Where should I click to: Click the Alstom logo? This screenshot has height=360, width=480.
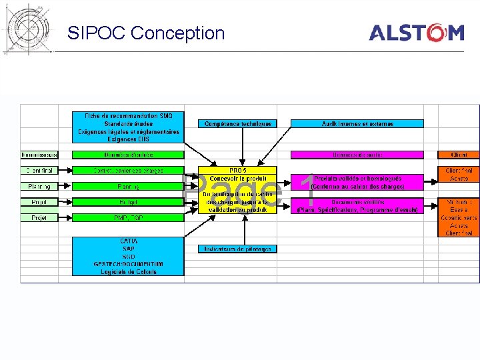[417, 32]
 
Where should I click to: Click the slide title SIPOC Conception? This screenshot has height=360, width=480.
[146, 33]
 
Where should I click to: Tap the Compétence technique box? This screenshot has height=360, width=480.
[238, 124]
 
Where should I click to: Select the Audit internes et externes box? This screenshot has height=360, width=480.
[357, 124]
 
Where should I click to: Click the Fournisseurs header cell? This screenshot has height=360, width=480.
[39, 155]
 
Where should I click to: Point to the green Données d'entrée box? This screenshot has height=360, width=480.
[128, 155]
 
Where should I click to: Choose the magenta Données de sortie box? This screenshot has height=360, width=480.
[357, 155]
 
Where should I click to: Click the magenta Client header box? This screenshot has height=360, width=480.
[459, 155]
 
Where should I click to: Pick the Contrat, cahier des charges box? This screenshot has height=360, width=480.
[128, 171]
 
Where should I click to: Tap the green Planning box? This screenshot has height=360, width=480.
[128, 187]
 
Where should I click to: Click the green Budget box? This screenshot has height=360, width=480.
[128, 202]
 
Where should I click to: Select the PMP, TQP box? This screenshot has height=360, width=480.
[128, 218]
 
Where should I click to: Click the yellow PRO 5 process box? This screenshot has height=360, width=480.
[238, 190]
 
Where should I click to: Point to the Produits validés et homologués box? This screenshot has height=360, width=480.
[357, 183]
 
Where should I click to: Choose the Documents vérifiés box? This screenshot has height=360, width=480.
[357, 206]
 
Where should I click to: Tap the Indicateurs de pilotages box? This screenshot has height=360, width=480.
[238, 249]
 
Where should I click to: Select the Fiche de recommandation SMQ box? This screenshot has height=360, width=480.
[128, 127]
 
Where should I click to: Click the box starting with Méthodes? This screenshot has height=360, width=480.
[459, 217]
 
